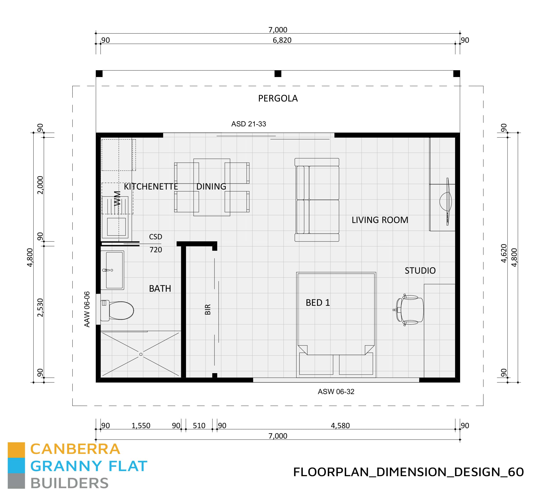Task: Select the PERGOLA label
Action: (x=278, y=98)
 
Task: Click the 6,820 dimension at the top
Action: (x=282, y=40)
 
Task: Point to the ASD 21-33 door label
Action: (x=248, y=124)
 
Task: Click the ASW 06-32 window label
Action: (x=336, y=392)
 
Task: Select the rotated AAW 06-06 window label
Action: (x=87, y=309)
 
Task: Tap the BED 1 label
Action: (x=318, y=302)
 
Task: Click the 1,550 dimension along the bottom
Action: (x=141, y=426)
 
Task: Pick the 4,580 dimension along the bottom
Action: (x=340, y=426)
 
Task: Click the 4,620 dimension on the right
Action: (x=504, y=253)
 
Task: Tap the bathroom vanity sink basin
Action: (x=114, y=270)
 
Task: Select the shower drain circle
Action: (x=141, y=354)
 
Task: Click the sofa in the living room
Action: (x=317, y=200)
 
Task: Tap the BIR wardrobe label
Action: (x=208, y=309)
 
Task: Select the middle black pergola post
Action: (x=278, y=74)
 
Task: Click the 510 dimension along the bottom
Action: (x=199, y=426)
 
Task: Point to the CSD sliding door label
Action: (x=155, y=237)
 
